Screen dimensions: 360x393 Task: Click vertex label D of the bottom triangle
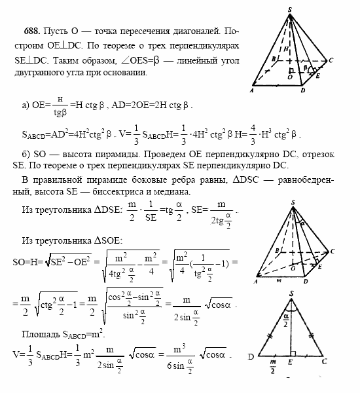coord(251,358)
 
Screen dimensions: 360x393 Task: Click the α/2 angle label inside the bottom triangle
coord(296,322)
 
